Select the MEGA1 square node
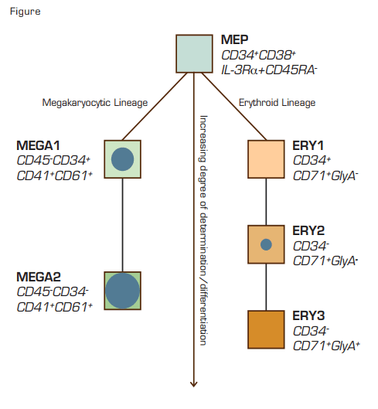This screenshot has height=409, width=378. point(123,159)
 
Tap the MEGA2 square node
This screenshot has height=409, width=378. point(123,291)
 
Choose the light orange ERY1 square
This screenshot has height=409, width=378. point(266,159)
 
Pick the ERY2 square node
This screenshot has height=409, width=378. point(266,244)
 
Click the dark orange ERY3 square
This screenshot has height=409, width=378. point(266,329)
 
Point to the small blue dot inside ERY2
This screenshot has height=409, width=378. point(266,244)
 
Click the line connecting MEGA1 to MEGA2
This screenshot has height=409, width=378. point(123,224)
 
